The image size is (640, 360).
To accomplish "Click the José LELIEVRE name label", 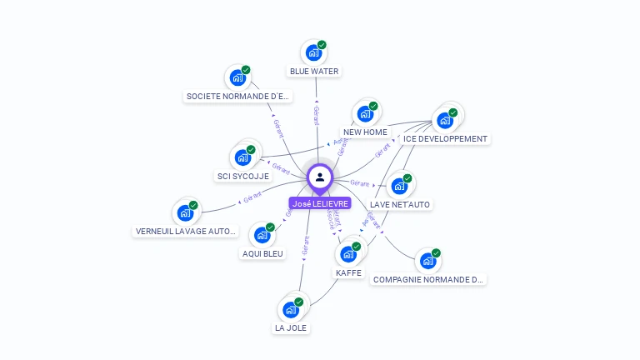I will coord(321,203).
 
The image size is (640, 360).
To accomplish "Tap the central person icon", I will coord(320,177).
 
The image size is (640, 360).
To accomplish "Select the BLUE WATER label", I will coord(314,72).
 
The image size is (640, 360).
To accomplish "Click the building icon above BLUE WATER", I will coord(313,52).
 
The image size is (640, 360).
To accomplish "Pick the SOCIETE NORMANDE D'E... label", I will coord(237,97).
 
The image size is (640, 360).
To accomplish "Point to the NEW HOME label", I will coord(365,132).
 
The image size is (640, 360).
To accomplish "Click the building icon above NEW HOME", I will coord(365,114).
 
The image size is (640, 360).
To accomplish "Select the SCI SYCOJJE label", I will coord(242,177).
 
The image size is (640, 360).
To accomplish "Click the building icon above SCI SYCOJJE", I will coord(242,157).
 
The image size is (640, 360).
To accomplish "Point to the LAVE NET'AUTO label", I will coord(401,204).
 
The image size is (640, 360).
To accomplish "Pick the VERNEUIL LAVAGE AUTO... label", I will coord(186,232).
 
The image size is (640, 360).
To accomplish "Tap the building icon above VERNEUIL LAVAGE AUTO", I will coord(186,212).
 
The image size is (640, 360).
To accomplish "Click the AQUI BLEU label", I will coord(262,253).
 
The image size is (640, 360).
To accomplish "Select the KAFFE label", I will coord(348,272).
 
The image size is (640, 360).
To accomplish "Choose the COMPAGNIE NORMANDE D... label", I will coord(428,280).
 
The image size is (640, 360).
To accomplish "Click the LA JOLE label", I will coord(291,328).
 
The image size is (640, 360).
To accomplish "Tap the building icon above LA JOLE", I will coord(291,309).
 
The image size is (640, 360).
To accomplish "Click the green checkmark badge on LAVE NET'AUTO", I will coord(407,178).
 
